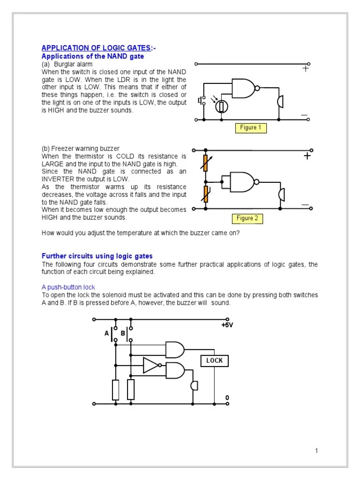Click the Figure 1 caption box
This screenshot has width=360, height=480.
248,128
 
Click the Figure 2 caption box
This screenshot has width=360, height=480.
247,218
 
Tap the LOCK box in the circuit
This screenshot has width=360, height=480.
215,360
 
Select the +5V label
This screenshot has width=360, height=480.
227,325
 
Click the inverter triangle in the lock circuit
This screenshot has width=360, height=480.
151,365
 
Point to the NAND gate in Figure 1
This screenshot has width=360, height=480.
244,88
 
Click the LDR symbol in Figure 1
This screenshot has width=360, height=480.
221,106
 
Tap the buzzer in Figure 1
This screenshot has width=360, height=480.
281,101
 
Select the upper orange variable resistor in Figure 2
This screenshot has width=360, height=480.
205,162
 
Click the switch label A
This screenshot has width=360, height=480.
106,333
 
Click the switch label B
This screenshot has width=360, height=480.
123,333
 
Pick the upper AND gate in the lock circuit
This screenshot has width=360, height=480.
175,349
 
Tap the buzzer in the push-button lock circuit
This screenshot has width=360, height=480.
194,385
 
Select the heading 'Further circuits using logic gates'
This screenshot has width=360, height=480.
97,256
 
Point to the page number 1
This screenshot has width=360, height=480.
316,451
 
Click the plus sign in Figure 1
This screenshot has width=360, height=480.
306,68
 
